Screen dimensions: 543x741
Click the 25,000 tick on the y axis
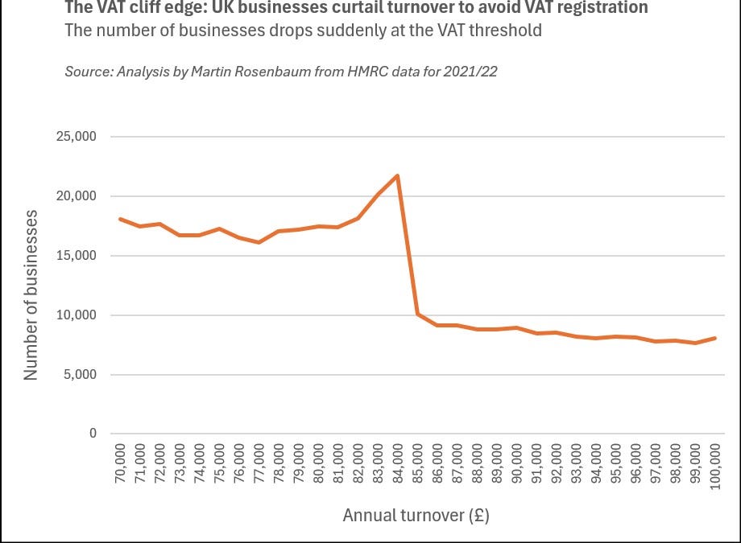tap(75, 137)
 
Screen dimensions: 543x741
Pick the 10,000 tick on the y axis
tap(75, 315)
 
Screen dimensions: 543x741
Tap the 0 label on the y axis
tap(92, 434)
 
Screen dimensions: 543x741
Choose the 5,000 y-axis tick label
tap(78, 375)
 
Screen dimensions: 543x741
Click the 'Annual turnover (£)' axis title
tap(416, 516)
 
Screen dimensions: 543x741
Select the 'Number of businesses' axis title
tap(31, 294)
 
